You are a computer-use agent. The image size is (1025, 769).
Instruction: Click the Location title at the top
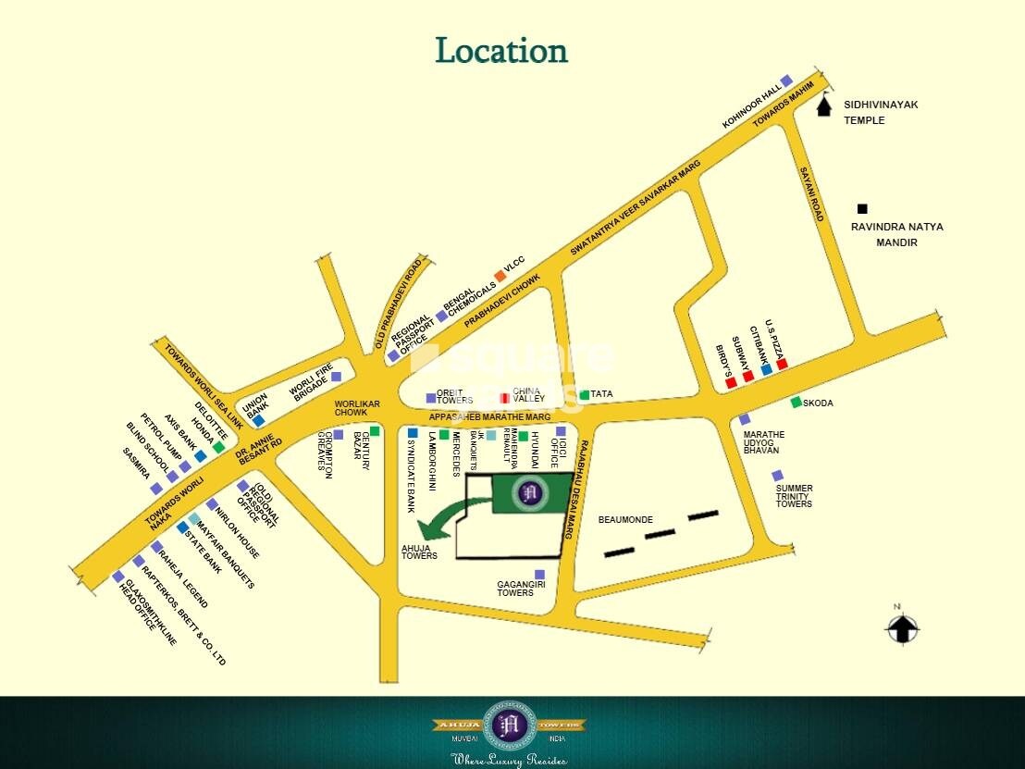(x=501, y=51)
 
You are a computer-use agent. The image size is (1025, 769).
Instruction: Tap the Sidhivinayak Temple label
(x=880, y=112)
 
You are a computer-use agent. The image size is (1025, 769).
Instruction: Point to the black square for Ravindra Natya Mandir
(x=862, y=210)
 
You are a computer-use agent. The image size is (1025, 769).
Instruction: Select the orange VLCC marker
(x=500, y=275)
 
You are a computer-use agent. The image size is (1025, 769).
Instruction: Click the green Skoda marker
(x=796, y=403)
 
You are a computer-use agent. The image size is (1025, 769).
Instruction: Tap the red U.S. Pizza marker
(x=782, y=364)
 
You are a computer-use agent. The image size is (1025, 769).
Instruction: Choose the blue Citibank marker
(x=766, y=370)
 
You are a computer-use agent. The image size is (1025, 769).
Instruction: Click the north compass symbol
(x=902, y=628)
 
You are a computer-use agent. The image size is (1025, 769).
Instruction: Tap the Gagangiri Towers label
(x=516, y=588)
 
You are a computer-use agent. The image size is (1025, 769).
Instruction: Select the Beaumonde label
(x=625, y=520)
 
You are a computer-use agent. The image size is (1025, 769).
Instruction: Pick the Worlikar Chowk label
(x=357, y=412)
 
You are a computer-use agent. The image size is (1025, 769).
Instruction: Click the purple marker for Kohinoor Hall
(x=786, y=81)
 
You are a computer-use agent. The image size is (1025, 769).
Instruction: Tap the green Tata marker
(x=584, y=395)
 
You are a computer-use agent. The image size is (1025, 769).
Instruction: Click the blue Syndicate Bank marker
(x=413, y=432)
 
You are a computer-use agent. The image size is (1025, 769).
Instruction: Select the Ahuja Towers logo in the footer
(x=510, y=726)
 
